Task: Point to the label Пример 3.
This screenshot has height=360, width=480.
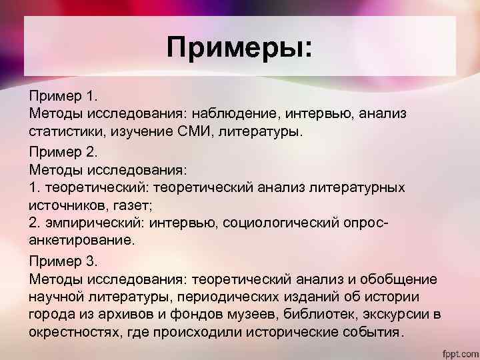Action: (61, 261)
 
